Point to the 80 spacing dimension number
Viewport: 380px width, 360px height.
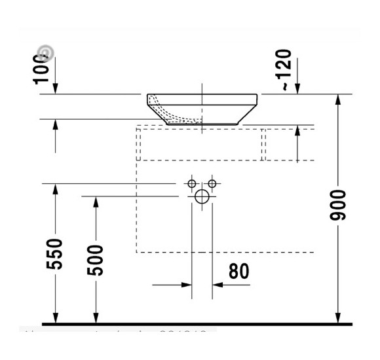[239, 270]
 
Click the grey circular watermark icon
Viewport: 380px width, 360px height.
[45, 53]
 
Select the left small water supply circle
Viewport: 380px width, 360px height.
[192, 184]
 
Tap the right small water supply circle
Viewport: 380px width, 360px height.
[212, 184]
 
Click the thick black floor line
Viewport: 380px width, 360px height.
[197, 324]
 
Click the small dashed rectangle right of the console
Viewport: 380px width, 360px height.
[289, 144]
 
